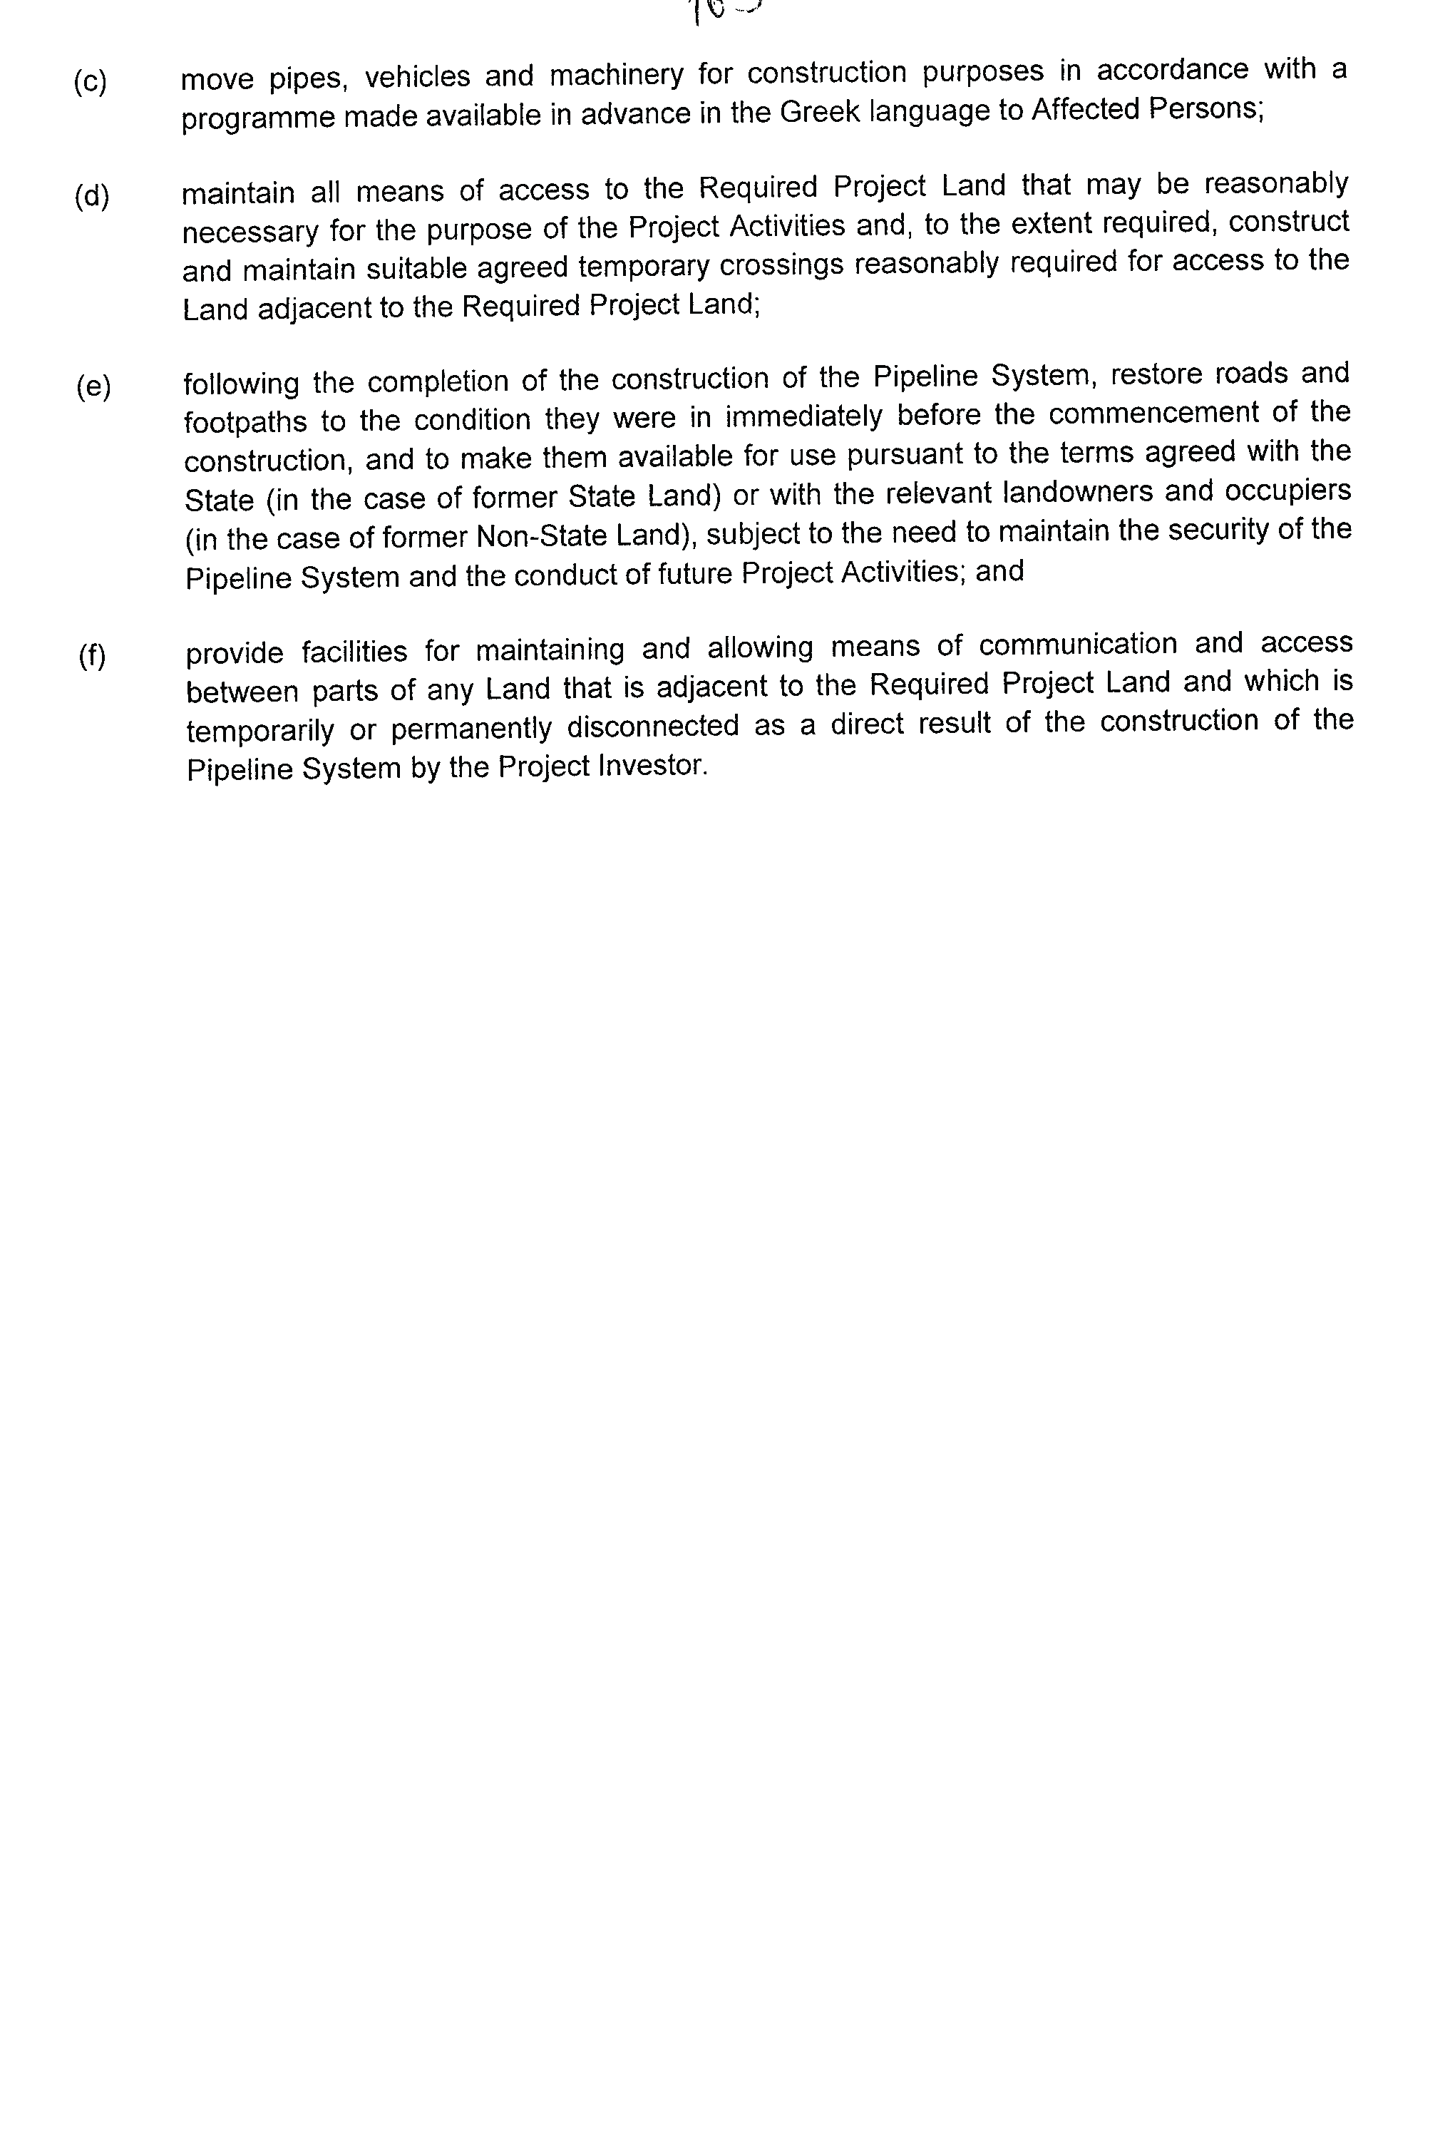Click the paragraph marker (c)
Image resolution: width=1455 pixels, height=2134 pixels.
pos(90,83)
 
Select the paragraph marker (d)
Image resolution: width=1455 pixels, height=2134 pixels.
pos(92,198)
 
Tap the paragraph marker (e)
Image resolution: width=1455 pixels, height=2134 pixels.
pos(93,386)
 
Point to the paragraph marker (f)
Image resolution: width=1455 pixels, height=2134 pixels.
pos(92,657)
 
